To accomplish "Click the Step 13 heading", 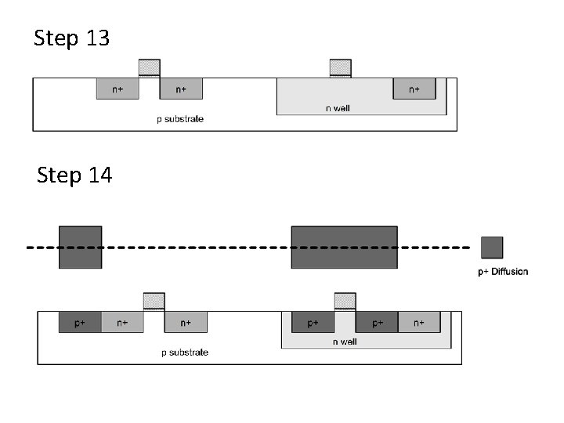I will pyautogui.click(x=72, y=38).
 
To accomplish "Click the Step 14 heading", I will pyautogui.click(x=74, y=175).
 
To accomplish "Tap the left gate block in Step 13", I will pyautogui.click(x=150, y=68).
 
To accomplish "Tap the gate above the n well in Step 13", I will pyautogui.click(x=341, y=68).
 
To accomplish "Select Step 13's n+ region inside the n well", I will pyautogui.click(x=414, y=89).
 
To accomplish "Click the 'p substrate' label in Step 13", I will pyautogui.click(x=180, y=119).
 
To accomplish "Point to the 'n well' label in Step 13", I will pyautogui.click(x=338, y=108).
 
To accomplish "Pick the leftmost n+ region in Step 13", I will pyautogui.click(x=117, y=89).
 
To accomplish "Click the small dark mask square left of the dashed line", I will pyautogui.click(x=80, y=248).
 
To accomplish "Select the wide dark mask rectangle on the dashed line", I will pyautogui.click(x=344, y=248).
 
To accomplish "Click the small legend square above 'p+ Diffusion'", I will pyautogui.click(x=492, y=248).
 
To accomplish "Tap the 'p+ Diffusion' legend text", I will pyautogui.click(x=503, y=272).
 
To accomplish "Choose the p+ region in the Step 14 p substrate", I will pyautogui.click(x=80, y=322).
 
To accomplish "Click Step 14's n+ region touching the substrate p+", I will pyautogui.click(x=122, y=322).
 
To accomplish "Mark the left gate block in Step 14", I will pyautogui.click(x=154, y=302).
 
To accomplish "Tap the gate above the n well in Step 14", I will pyautogui.click(x=345, y=302).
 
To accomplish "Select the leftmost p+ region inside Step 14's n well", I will pyautogui.click(x=313, y=322).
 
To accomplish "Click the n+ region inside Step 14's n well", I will pyautogui.click(x=419, y=322).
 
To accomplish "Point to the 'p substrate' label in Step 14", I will pyautogui.click(x=185, y=352).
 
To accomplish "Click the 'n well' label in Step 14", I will pyautogui.click(x=345, y=342).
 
